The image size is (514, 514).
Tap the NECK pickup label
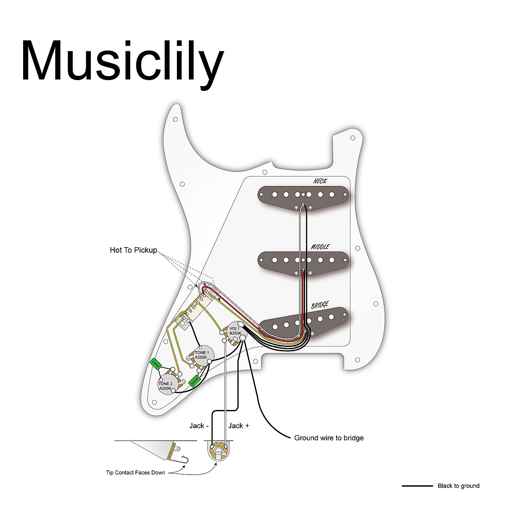tap(320, 181)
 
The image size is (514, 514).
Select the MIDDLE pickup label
tap(320, 247)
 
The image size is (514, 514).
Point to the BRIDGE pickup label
tap(320, 305)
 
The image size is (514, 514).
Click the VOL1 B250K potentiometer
tap(235, 330)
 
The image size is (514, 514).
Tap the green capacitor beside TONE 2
tap(155, 364)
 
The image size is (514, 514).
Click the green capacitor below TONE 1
tap(195, 380)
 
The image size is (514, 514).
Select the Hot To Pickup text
tap(134, 250)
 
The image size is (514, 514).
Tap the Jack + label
tap(239, 426)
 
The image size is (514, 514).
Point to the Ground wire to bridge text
tap(329, 438)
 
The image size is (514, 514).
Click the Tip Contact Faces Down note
tap(135, 473)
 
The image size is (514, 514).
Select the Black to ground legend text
tap(458, 486)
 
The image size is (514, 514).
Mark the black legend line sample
tap(417, 486)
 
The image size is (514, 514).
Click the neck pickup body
tap(304, 194)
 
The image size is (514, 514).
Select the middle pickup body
tap(304, 260)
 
